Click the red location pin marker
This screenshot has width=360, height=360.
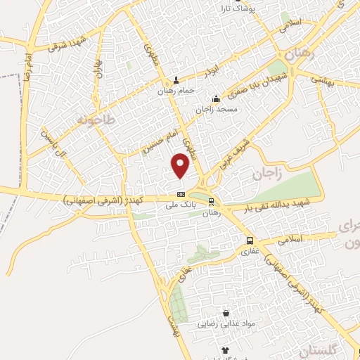point(181,166)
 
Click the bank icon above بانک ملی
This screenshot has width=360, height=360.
point(181,193)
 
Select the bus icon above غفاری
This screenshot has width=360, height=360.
point(252,240)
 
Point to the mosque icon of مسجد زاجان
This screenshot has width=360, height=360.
point(216,98)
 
